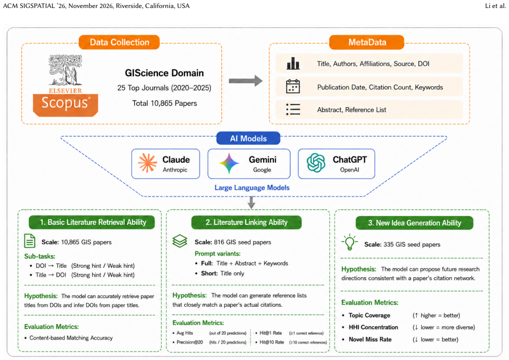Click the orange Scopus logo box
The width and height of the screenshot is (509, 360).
click(x=66, y=105)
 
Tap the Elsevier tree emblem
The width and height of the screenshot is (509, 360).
click(x=65, y=70)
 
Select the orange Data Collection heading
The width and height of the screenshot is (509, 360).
click(x=119, y=42)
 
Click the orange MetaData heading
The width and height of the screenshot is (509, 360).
click(x=367, y=42)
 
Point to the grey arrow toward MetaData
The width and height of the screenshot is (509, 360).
click(x=245, y=81)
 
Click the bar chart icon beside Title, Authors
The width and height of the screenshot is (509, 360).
click(x=293, y=64)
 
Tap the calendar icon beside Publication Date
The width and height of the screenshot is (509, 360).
click(x=293, y=87)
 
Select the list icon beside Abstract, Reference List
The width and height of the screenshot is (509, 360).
click(x=293, y=109)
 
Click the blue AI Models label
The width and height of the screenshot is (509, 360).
click(x=248, y=138)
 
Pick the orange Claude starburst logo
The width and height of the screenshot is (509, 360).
click(x=148, y=163)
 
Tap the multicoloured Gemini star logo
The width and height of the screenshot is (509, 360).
click(x=229, y=163)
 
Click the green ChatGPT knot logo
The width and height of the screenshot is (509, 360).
click(x=316, y=163)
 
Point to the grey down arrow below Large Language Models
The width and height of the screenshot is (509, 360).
click(x=251, y=202)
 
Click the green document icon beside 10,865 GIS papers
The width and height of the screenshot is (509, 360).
click(x=30, y=241)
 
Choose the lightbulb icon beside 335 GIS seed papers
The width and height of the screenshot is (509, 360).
click(x=349, y=242)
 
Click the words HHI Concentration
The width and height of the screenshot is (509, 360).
click(x=373, y=327)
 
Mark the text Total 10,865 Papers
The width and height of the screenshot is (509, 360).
click(x=165, y=103)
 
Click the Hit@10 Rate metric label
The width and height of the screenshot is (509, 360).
click(x=272, y=342)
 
